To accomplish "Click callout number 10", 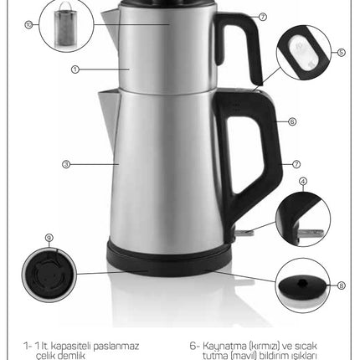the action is pyautogui.click(x=28, y=25).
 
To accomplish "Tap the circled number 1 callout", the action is pyautogui.click(x=75, y=69).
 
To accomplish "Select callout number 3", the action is pyautogui.click(x=66, y=164).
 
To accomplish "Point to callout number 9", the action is pyautogui.click(x=49, y=238).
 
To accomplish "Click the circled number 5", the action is pyautogui.click(x=342, y=53).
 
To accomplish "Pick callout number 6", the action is pyautogui.click(x=292, y=121).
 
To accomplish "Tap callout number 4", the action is pyautogui.click(x=303, y=182).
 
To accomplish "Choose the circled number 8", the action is pyautogui.click(x=342, y=285).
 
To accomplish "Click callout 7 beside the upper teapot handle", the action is pyautogui.click(x=263, y=17).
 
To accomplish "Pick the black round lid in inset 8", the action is pyautogui.click(x=302, y=285).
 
